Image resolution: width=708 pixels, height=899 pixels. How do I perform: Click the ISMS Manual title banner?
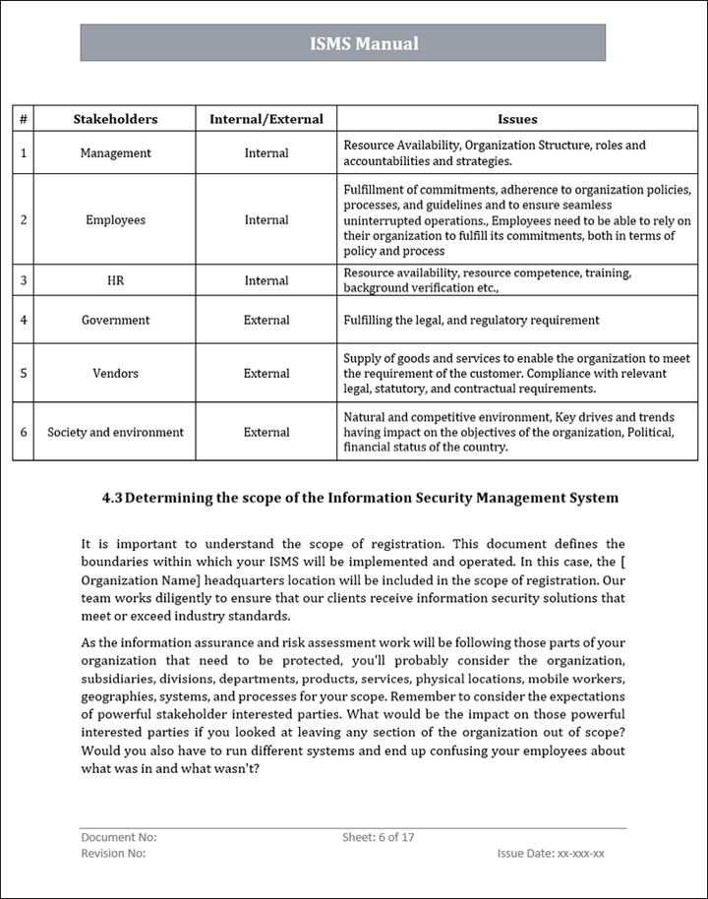pos(364,43)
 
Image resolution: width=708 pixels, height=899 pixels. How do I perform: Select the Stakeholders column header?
pos(115,119)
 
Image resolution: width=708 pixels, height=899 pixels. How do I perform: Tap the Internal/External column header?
pos(265,119)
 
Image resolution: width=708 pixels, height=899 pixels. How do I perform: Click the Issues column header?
pos(517,119)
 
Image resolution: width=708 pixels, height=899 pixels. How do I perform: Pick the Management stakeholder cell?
pos(115,153)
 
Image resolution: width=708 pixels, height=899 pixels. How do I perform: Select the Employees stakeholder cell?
pos(115,220)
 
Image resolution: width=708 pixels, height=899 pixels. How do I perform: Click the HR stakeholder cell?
pos(115,280)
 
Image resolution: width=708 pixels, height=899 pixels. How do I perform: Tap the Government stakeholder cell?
pos(115,320)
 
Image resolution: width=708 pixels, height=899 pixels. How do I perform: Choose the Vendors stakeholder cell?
pos(115,374)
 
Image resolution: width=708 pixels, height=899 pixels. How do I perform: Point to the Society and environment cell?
pos(115,432)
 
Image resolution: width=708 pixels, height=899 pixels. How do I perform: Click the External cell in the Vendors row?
pos(266,374)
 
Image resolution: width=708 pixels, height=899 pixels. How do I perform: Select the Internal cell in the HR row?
pos(266,280)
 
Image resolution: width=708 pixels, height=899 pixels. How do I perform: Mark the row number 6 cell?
pos(23,432)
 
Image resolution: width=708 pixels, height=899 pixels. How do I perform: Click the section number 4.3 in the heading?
pos(111,498)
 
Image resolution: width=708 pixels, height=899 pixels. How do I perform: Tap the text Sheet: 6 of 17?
pos(379,837)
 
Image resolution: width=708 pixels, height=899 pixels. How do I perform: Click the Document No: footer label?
pos(118,837)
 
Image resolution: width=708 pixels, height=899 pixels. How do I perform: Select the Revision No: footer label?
pos(113,853)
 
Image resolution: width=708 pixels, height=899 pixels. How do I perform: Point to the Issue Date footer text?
pos(551,854)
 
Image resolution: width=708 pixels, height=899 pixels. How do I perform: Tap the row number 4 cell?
pos(23,320)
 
